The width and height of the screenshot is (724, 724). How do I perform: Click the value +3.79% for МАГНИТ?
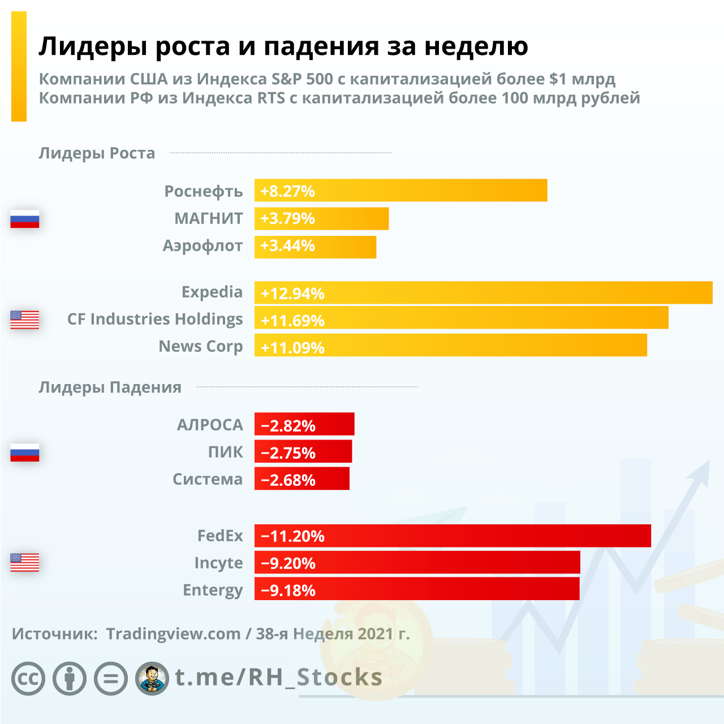[287, 218]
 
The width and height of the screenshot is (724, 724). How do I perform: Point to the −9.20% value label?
[288, 563]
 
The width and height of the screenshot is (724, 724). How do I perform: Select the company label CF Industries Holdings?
[155, 320]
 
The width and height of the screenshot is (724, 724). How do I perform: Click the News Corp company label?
[201, 346]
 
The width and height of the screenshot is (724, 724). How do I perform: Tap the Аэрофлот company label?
[202, 246]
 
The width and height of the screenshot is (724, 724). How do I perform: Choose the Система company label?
[208, 479]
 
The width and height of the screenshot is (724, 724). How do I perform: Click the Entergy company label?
[213, 590]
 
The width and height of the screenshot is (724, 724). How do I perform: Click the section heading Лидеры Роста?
[97, 153]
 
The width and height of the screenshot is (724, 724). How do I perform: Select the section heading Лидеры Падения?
[110, 387]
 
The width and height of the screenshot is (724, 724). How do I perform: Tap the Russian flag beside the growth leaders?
[25, 219]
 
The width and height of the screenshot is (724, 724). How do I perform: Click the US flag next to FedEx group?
[25, 562]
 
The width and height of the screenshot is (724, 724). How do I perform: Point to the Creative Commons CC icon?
[28, 678]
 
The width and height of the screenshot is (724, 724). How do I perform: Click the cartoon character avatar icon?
[152, 678]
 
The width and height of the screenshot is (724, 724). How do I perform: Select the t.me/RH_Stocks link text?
[279, 677]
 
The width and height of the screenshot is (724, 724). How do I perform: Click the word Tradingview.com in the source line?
[173, 633]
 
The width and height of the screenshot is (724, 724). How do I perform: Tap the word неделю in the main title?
[476, 46]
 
